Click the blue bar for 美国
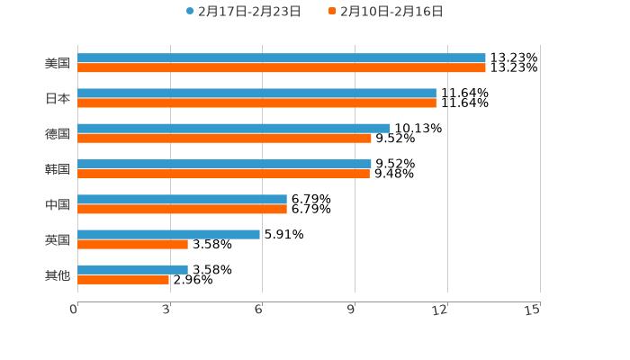pyautogui.click(x=281, y=58)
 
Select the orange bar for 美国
pyautogui.click(x=281, y=68)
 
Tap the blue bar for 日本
pyautogui.click(x=256, y=94)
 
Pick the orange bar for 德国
pyautogui.click(x=224, y=139)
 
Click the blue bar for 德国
pyautogui.click(x=234, y=129)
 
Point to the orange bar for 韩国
pyautogui.click(x=223, y=174)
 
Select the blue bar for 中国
pyautogui.click(x=182, y=199)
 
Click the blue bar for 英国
pyautogui.click(x=168, y=234)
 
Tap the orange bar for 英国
pyautogui.click(x=132, y=244)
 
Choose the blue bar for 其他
pyautogui.click(x=132, y=269)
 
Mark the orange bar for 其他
pyautogui.click(x=123, y=279)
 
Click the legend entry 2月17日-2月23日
pyautogui.click(x=244, y=12)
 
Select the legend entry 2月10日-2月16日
pyautogui.click(x=386, y=12)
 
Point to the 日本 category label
pyautogui.click(x=58, y=99)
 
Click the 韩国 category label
pyautogui.click(x=58, y=169)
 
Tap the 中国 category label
pyautogui.click(x=58, y=204)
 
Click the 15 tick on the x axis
pyautogui.click(x=533, y=310)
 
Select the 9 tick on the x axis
pyautogui.click(x=350, y=310)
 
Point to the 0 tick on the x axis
pyautogui.click(x=74, y=310)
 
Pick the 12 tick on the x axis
pyautogui.click(x=440, y=310)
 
